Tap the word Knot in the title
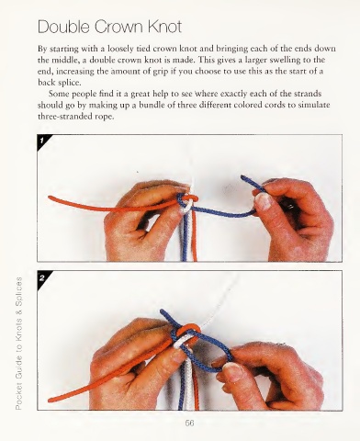click(164, 27)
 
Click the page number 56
click(189, 424)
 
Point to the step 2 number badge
click(42, 277)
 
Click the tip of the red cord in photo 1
click(50, 198)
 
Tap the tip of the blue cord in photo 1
click(242, 177)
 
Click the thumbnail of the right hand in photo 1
click(264, 201)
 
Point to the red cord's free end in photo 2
click(51, 400)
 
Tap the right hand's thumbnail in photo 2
click(233, 371)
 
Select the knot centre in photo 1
click(187, 201)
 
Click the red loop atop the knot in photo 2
click(189, 328)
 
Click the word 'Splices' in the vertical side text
click(18, 294)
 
